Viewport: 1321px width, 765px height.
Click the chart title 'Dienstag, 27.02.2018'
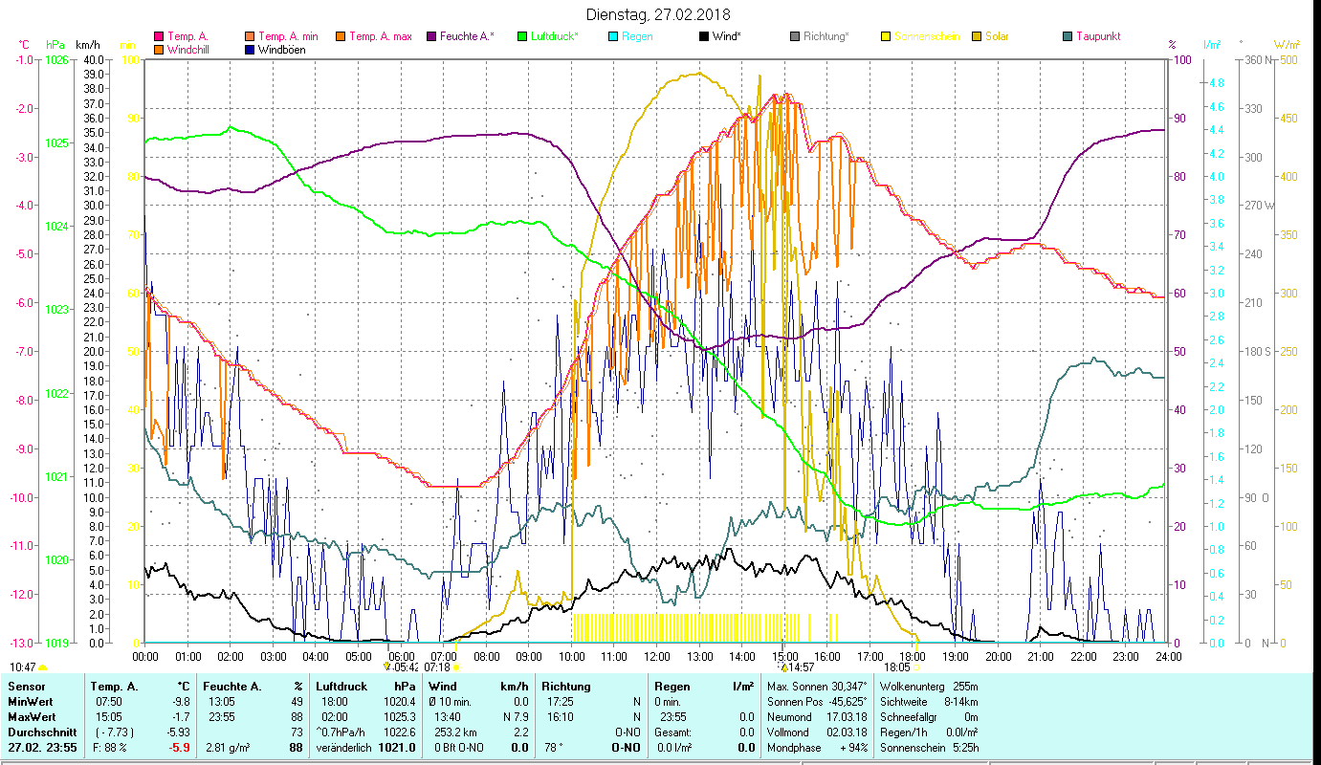(x=657, y=14)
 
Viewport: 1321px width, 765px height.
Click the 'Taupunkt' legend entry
(x=1097, y=36)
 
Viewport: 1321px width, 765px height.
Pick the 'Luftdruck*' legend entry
(x=555, y=36)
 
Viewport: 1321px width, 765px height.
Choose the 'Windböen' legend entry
(x=282, y=49)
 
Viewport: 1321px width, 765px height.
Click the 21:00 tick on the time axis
(x=1041, y=656)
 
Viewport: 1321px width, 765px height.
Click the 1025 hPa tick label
(x=56, y=142)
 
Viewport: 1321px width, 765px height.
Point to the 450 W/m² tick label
(x=1288, y=119)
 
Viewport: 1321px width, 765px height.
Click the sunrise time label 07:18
(x=437, y=667)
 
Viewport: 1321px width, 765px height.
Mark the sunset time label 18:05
(x=896, y=667)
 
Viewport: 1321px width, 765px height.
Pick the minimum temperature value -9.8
(x=180, y=702)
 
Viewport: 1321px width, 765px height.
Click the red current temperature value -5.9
(x=180, y=748)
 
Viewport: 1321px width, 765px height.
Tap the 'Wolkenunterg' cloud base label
(x=913, y=687)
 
